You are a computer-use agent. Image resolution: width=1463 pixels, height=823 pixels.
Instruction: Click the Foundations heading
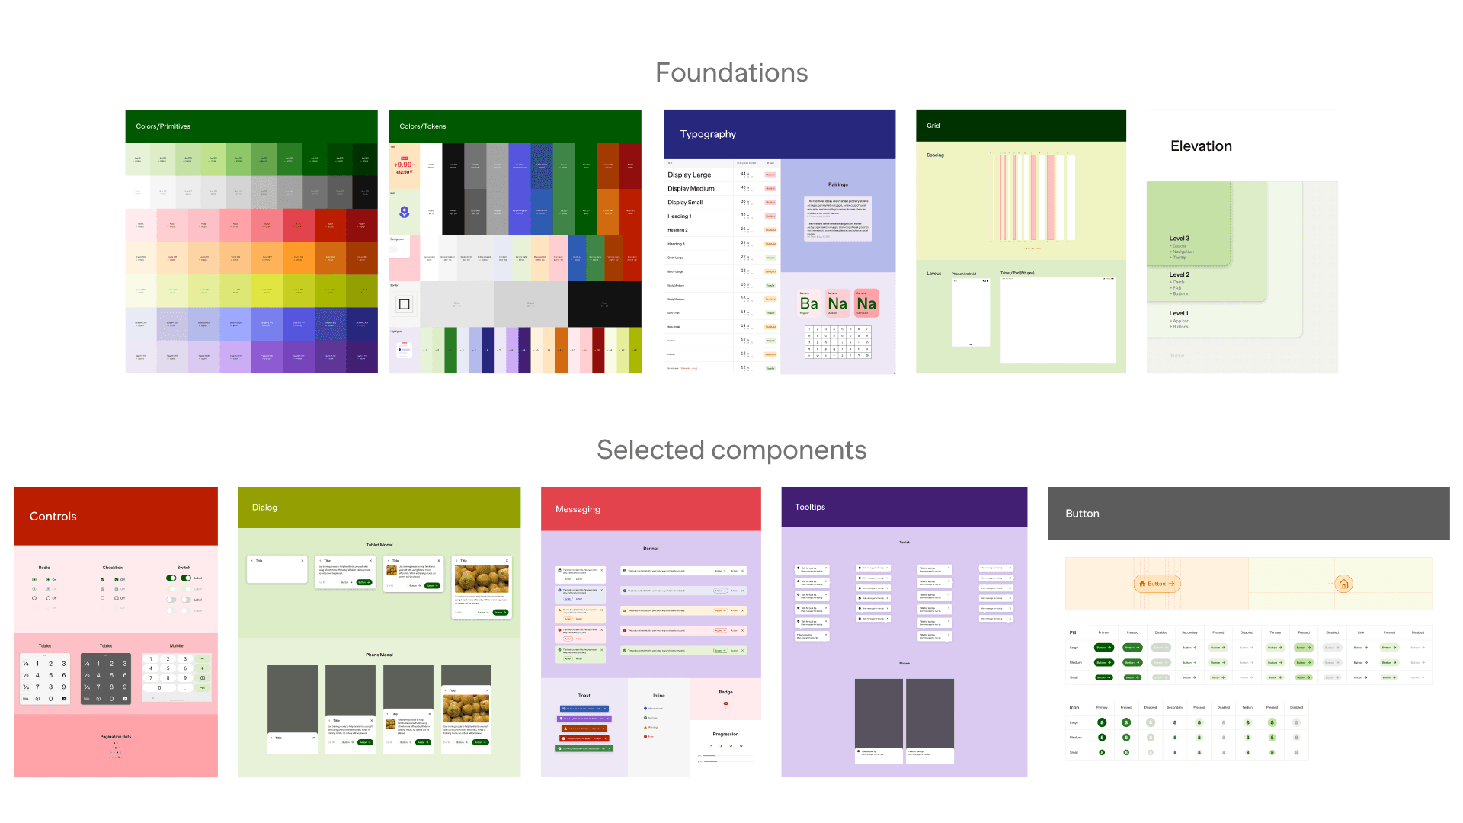(731, 73)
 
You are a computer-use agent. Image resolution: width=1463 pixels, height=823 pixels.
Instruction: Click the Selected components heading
(731, 450)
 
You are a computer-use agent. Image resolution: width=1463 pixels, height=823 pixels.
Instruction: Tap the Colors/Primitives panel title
(163, 126)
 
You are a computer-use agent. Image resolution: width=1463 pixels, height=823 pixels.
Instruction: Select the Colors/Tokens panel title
(423, 126)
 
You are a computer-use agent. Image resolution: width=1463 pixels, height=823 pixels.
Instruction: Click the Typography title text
(708, 134)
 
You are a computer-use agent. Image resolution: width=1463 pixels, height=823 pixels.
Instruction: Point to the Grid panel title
(933, 126)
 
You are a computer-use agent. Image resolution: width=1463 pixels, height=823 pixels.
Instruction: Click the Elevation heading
(1201, 146)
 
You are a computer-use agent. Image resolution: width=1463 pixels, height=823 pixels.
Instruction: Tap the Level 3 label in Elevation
(1179, 239)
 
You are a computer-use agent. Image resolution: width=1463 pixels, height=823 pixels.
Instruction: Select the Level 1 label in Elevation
(1179, 313)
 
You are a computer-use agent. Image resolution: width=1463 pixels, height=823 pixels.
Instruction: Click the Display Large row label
(690, 175)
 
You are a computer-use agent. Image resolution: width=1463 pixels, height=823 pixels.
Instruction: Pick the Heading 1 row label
(680, 216)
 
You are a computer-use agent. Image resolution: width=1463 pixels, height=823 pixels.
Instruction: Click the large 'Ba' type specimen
(809, 303)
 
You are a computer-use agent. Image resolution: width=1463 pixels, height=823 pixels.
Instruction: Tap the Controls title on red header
(53, 517)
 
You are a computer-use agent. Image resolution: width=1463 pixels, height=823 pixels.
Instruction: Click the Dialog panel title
(264, 508)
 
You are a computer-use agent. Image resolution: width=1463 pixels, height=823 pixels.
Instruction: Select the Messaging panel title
(578, 509)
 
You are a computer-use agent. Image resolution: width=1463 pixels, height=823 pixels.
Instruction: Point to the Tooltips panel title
(810, 507)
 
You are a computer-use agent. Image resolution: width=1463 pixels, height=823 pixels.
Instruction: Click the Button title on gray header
(1082, 514)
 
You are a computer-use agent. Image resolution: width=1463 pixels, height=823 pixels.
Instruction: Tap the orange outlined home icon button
(1344, 584)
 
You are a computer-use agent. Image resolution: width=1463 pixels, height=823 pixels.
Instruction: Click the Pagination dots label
(116, 737)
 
